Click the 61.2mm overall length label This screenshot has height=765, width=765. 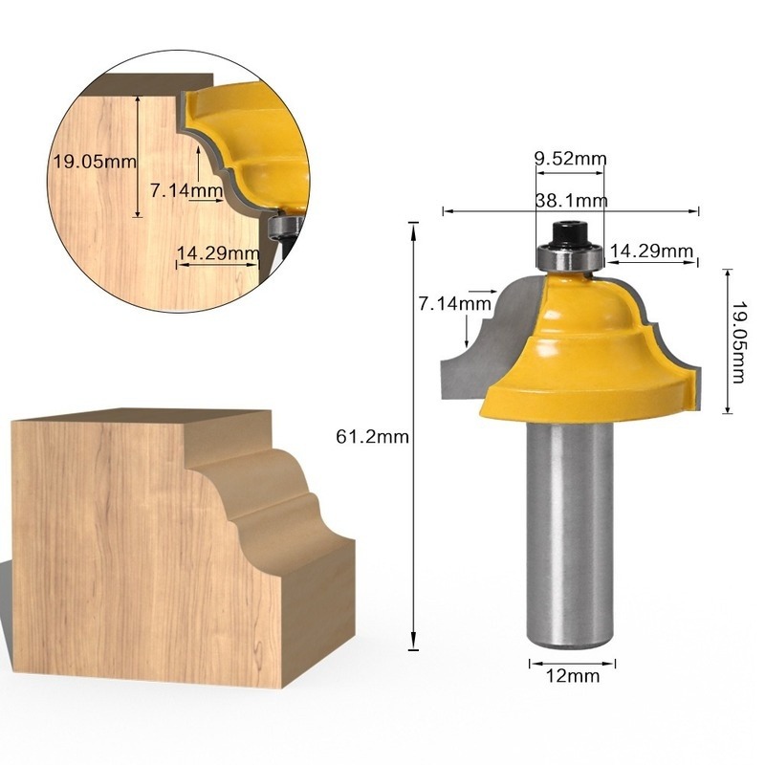pyautogui.click(x=372, y=437)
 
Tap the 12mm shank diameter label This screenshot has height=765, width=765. pyautogui.click(x=572, y=676)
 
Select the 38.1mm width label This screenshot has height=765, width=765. pyautogui.click(x=571, y=201)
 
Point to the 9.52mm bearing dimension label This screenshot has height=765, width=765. pyautogui.click(x=570, y=159)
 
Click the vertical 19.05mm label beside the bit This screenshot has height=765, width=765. pyautogui.click(x=737, y=341)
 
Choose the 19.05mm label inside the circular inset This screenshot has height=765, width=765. pyautogui.click(x=95, y=161)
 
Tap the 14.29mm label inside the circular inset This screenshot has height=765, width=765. pyautogui.click(x=218, y=253)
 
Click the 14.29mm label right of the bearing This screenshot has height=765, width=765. pyautogui.click(x=651, y=251)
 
